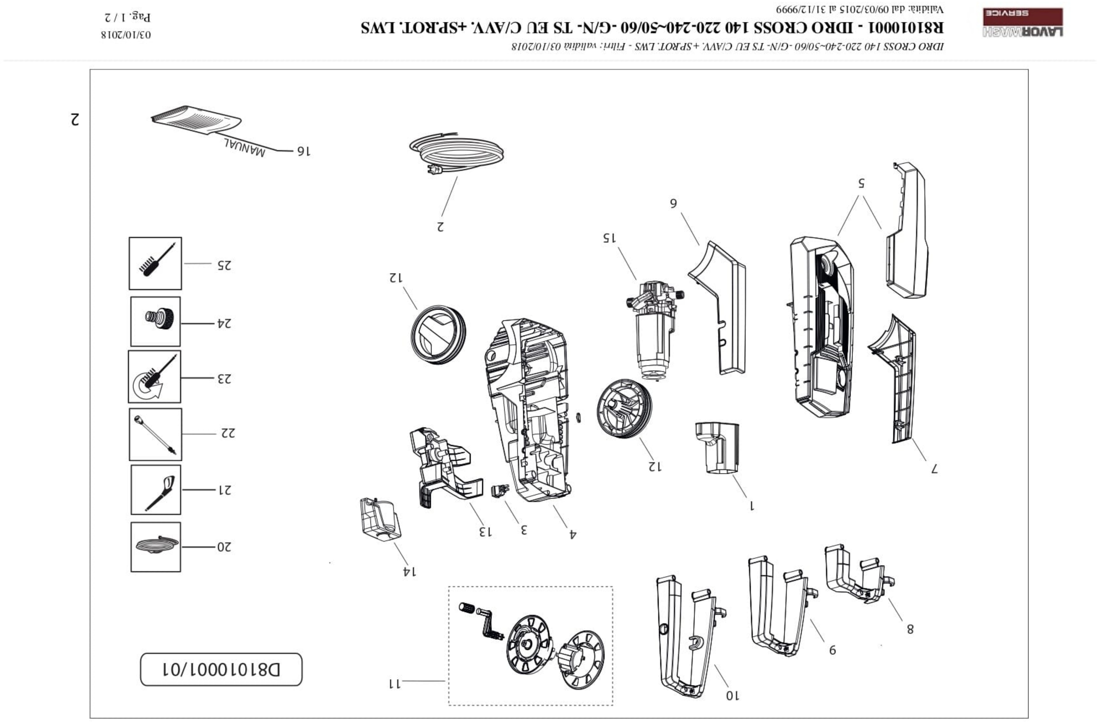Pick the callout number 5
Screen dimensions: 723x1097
(861, 183)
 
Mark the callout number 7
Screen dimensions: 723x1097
(934, 469)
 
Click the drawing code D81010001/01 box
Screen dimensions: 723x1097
(221, 669)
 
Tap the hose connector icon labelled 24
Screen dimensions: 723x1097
(156, 321)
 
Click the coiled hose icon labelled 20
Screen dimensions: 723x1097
(156, 547)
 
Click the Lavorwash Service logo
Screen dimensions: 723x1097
(1022, 22)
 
